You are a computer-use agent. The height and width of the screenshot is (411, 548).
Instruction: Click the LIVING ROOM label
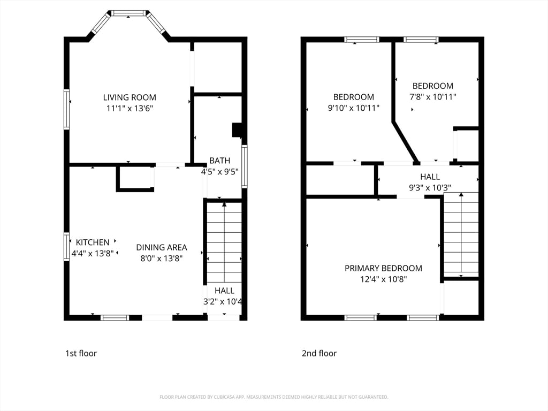point(130,97)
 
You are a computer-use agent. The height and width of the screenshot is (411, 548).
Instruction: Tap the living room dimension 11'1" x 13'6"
point(130,109)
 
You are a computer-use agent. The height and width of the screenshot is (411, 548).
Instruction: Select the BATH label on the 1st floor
point(219,161)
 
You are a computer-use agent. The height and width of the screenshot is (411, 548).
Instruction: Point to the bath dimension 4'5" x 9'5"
point(219,172)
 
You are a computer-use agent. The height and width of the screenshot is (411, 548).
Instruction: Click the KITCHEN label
point(93,242)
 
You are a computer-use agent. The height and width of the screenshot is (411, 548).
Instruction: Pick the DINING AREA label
point(162,247)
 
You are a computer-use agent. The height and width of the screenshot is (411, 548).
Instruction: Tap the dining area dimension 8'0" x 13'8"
point(162,258)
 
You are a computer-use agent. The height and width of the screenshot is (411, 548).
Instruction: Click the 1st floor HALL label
point(224,291)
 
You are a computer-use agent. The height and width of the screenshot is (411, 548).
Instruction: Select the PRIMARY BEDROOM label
point(383,268)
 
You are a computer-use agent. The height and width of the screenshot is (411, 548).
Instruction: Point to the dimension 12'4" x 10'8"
point(383,279)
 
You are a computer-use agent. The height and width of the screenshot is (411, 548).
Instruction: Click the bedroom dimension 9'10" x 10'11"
point(353,108)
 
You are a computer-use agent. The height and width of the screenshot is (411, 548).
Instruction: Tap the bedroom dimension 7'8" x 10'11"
point(432,97)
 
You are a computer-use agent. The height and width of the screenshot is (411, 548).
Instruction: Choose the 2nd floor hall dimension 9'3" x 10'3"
point(430,188)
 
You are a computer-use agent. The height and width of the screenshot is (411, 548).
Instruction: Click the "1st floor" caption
point(81,353)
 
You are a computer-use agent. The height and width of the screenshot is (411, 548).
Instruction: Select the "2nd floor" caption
point(319,353)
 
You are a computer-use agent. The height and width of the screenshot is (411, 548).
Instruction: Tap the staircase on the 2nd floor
point(461,234)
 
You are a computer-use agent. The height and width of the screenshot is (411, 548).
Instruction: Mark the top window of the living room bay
point(128,13)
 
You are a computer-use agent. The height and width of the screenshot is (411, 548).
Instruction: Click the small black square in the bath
point(237,130)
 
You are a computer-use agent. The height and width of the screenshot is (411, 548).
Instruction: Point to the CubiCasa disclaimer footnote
point(273,397)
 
